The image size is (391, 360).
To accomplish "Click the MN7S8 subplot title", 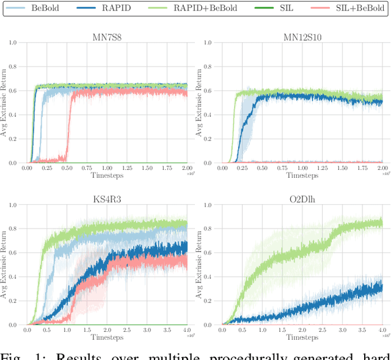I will coord(106,35).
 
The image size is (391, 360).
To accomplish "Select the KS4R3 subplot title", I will coord(106,198).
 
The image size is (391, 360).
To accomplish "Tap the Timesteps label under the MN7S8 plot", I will coord(107,175).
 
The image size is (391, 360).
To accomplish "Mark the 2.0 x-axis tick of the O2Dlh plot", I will coord(302,330).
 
